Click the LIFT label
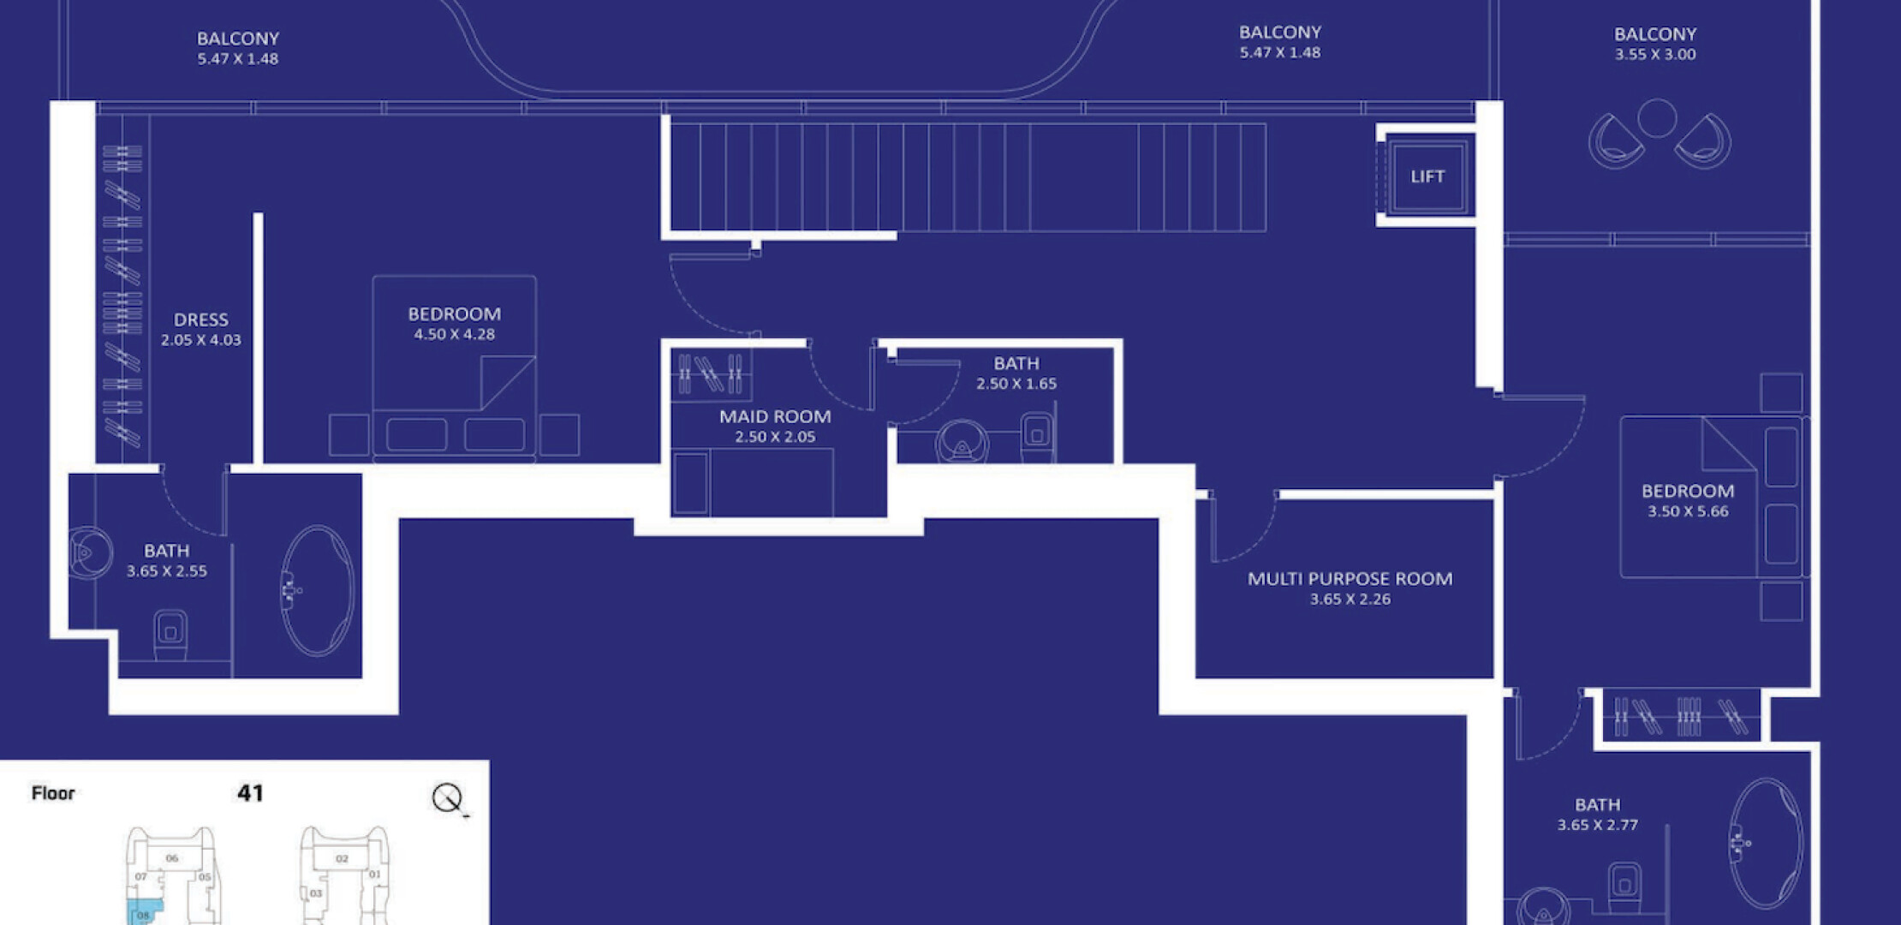[1427, 176]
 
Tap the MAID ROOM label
[775, 417]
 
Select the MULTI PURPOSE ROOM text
[1350, 579]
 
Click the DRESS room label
[201, 320]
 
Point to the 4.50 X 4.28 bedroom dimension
[455, 335]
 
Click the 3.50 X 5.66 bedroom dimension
[1688, 512]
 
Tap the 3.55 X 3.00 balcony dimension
[1655, 55]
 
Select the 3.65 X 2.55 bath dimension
[167, 571]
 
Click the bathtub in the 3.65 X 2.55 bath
[317, 591]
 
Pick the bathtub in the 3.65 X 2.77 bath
[1766, 844]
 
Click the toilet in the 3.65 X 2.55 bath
[170, 634]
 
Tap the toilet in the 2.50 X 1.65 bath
[1038, 436]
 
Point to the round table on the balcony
[1657, 118]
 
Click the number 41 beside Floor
[250, 793]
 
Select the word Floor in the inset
[53, 793]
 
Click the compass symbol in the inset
[447, 798]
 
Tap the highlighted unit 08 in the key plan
[141, 913]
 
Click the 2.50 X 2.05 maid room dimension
[775, 437]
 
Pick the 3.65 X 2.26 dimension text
[1350, 600]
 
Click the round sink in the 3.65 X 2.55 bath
[89, 552]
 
